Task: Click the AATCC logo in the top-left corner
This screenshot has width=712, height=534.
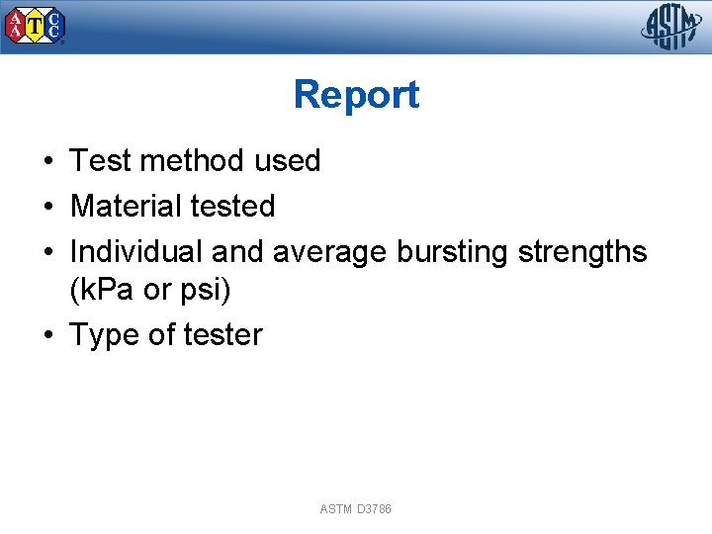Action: click(x=37, y=26)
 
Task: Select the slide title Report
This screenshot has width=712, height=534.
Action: click(x=356, y=95)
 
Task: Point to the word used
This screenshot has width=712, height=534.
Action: click(x=288, y=160)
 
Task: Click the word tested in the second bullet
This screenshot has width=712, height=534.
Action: click(x=232, y=206)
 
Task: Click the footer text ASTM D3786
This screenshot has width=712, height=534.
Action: click(x=355, y=509)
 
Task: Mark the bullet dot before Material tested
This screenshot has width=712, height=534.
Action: click(x=47, y=207)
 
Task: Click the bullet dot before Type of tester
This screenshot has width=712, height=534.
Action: click(x=47, y=335)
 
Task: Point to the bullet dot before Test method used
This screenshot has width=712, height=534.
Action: click(x=47, y=161)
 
